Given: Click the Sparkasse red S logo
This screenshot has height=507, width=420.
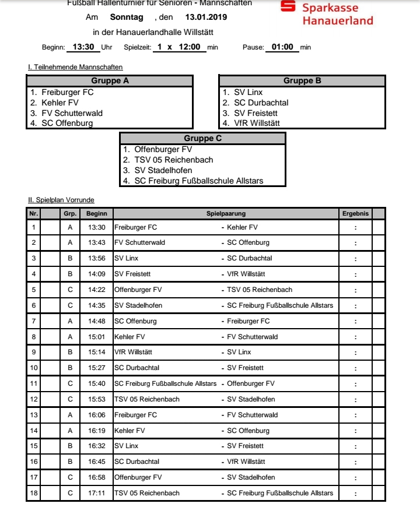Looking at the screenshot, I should pyautogui.click(x=288, y=6).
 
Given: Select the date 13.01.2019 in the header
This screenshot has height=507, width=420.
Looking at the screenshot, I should pyautogui.click(x=206, y=17).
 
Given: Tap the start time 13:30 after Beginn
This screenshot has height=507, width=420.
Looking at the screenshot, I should pyautogui.click(x=83, y=47).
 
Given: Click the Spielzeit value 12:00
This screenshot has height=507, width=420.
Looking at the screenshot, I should pyautogui.click(x=190, y=47).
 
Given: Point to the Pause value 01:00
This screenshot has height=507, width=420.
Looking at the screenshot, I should pyautogui.click(x=282, y=47).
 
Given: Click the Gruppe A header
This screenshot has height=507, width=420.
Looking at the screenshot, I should pyautogui.click(x=110, y=81).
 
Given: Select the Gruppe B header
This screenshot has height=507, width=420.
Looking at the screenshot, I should pyautogui.click(x=302, y=81).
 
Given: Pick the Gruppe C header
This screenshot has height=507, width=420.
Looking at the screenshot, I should pyautogui.click(x=202, y=139).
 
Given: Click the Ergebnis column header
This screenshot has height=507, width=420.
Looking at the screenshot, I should pyautogui.click(x=355, y=214).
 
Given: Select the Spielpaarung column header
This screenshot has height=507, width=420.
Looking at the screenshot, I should pyautogui.click(x=226, y=214).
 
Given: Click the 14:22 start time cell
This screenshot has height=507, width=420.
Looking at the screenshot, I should pyautogui.click(x=97, y=290).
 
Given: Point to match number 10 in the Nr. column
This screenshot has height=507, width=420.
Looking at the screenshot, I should pyautogui.click(x=34, y=368).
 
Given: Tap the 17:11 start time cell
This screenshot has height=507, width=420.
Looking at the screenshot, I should pyautogui.click(x=97, y=493).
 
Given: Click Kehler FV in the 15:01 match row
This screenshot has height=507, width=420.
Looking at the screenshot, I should pyautogui.click(x=129, y=337).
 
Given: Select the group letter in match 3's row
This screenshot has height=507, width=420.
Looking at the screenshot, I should pyautogui.click(x=70, y=258).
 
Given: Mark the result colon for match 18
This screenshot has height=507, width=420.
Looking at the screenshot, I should pyautogui.click(x=355, y=493).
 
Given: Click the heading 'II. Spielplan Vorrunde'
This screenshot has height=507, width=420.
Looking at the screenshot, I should pyautogui.click(x=61, y=200).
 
